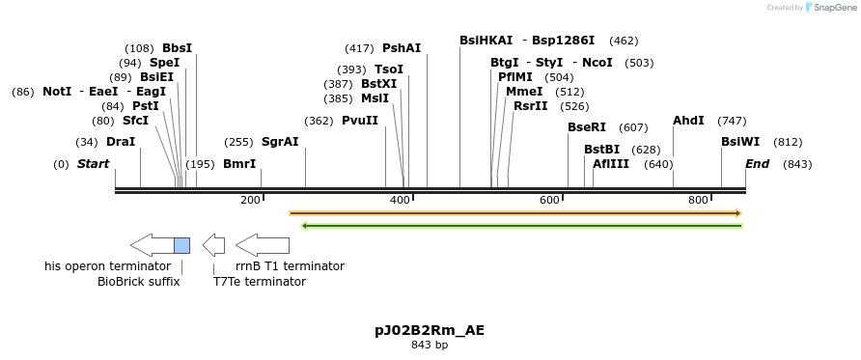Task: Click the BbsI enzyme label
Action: coord(177,48)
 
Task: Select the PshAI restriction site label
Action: coord(402,48)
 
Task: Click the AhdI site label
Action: coord(688,121)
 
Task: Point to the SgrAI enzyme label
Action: coord(280,141)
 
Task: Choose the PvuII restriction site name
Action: coord(360,121)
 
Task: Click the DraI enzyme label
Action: coord(121,141)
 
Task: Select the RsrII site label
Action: coord(530,106)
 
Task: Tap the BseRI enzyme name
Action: coord(587,127)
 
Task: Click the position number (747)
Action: coord(732,121)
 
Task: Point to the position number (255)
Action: coord(238,141)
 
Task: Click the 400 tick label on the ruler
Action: coord(400,200)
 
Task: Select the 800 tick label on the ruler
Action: coord(698,200)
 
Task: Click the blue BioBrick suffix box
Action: coord(181,245)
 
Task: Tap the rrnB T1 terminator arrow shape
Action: coord(262,245)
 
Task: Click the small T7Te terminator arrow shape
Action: coord(214,245)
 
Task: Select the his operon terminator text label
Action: coord(94,265)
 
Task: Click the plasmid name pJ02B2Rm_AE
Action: coord(430,330)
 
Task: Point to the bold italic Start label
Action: coord(93,164)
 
